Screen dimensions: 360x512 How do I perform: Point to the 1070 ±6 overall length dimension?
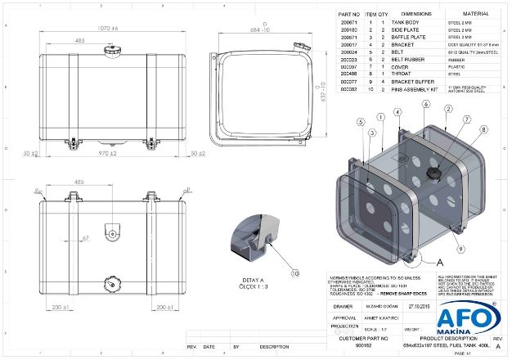(103, 29)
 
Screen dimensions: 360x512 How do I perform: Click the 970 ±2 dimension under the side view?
(104, 153)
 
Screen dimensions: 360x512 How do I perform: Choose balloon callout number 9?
(462, 247)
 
